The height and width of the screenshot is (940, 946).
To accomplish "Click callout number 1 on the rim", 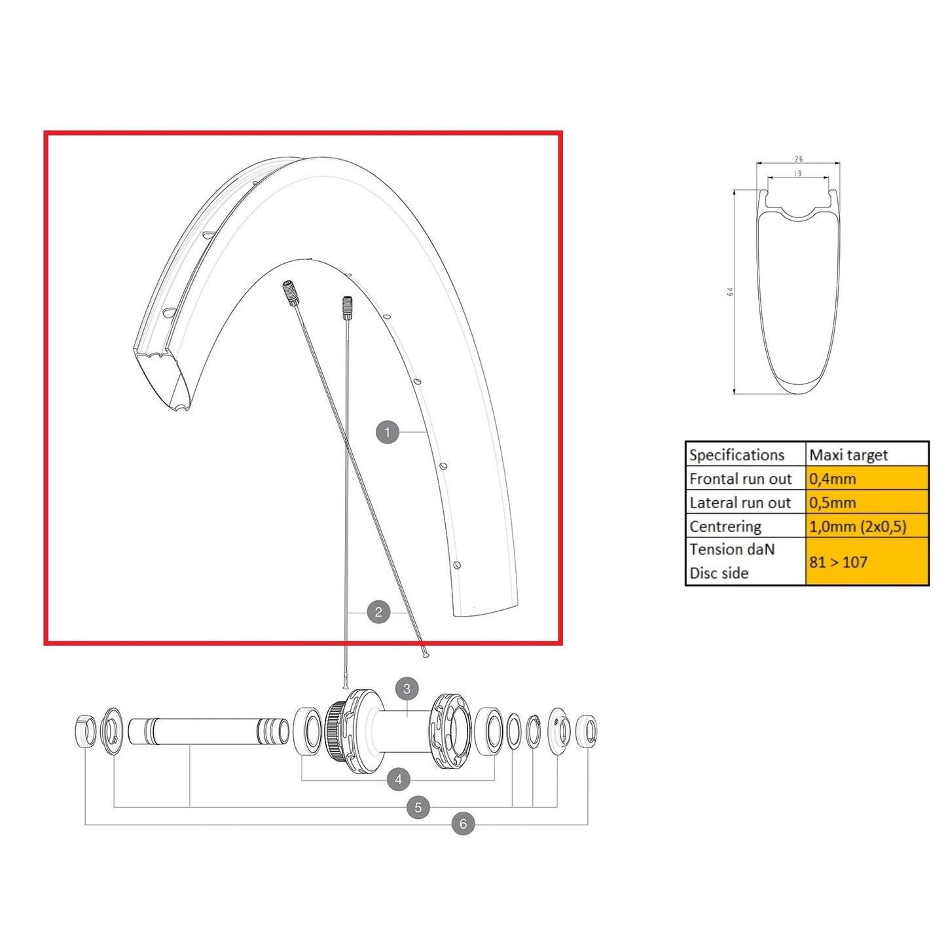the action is point(387,432).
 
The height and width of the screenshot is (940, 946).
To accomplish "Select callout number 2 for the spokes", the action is point(378,611).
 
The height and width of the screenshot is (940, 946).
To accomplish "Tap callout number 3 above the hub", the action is point(407,689).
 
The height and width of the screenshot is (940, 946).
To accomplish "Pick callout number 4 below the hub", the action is point(398,779).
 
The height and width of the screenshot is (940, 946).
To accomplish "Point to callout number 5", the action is point(418,808).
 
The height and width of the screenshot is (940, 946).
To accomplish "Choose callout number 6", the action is point(463,823).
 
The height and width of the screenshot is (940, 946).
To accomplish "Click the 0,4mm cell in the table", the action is point(832,479).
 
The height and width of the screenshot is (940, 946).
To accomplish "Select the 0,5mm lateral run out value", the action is point(832,503).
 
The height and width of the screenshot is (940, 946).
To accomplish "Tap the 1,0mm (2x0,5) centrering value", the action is point(857,527).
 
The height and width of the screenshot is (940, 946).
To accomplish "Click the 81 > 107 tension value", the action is point(838,562).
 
